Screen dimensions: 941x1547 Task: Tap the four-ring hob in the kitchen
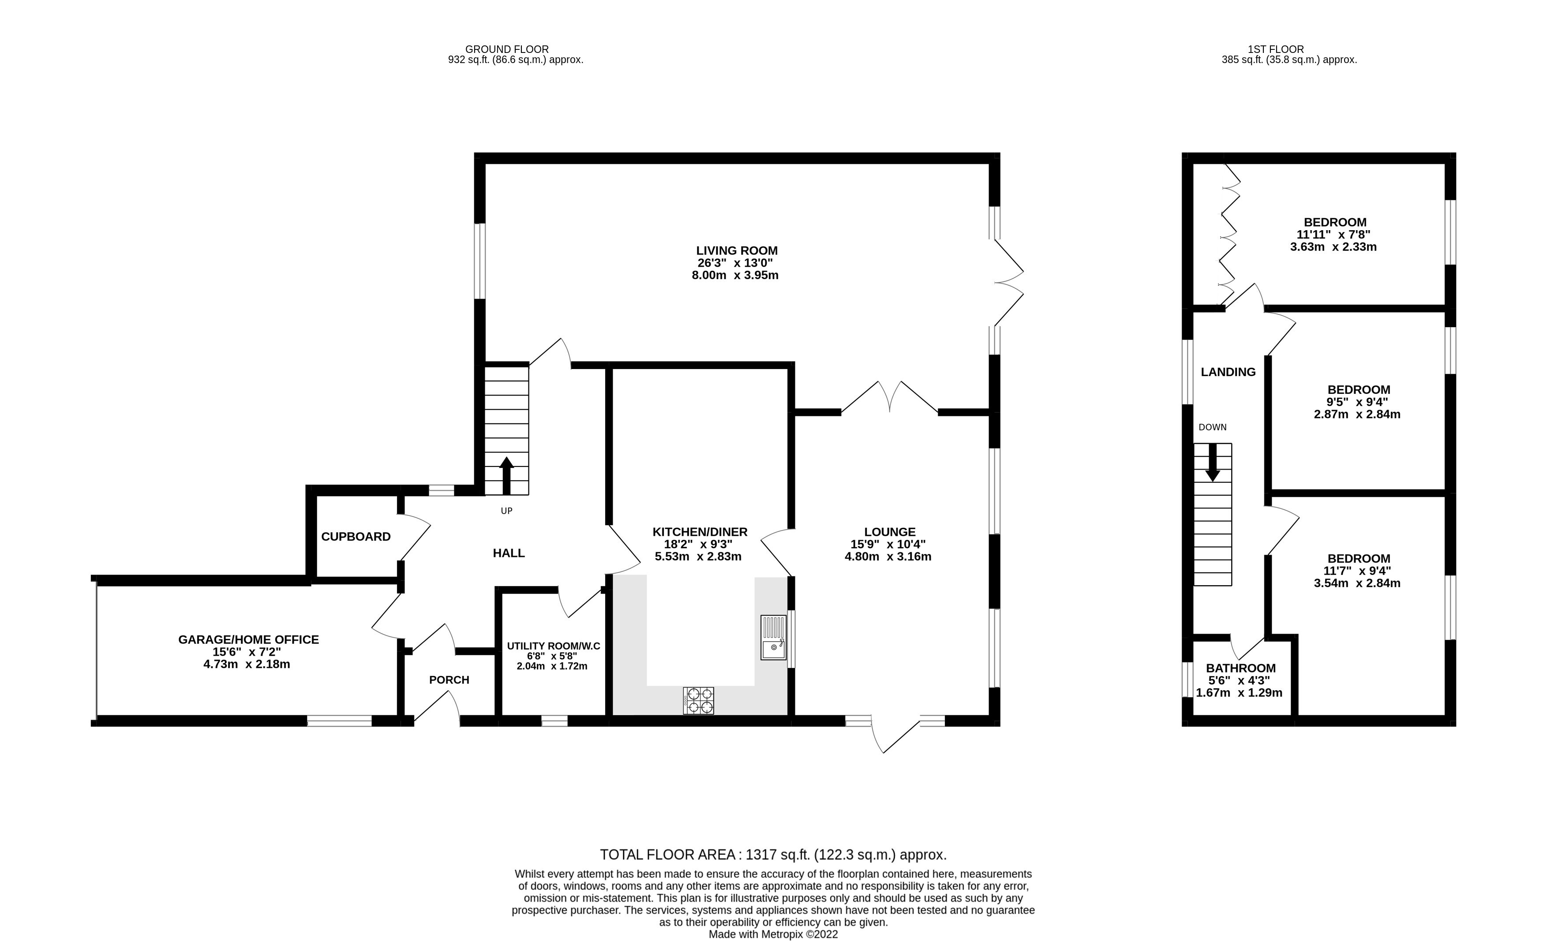click(x=699, y=701)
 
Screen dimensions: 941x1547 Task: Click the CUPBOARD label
click(x=356, y=537)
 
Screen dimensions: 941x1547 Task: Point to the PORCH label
click(x=449, y=680)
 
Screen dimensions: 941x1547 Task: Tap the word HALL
click(x=509, y=553)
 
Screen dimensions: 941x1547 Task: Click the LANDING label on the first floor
click(x=1228, y=372)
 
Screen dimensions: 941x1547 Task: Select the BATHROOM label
click(x=1240, y=668)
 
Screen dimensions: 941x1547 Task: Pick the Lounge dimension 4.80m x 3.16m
click(x=888, y=556)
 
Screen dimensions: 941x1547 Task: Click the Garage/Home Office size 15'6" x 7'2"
click(x=247, y=652)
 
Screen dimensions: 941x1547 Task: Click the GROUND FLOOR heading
click(x=507, y=49)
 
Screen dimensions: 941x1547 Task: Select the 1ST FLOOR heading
click(x=1275, y=49)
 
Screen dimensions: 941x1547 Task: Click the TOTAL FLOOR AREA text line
click(x=773, y=855)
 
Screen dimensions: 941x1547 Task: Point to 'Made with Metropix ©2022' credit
click(x=773, y=934)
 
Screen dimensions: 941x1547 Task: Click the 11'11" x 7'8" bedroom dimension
click(x=1333, y=234)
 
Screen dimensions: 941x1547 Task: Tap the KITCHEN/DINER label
click(x=700, y=532)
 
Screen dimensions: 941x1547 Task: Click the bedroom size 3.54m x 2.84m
click(x=1357, y=583)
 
